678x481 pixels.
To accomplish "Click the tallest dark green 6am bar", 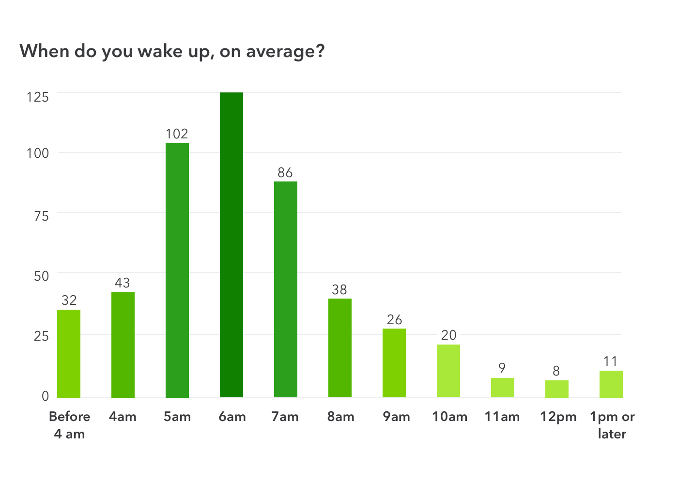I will (231, 244).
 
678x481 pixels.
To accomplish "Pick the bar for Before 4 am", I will (69, 354).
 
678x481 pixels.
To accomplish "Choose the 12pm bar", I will (557, 389).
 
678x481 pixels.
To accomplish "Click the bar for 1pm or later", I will (611, 384).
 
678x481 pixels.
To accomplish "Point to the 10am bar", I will (448, 371).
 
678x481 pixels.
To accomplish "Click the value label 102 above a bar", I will (177, 134).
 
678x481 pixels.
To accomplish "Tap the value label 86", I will (285, 173).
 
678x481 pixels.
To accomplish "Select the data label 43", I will (123, 283).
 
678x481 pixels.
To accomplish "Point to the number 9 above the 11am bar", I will (502, 368).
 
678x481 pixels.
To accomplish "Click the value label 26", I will (394, 320).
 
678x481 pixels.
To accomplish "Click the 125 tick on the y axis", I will (38, 97).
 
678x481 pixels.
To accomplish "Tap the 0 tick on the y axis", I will (46, 396).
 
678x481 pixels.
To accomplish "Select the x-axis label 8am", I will (340, 417).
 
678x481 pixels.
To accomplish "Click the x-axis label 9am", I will (396, 417).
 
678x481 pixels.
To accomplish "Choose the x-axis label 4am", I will (123, 417).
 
